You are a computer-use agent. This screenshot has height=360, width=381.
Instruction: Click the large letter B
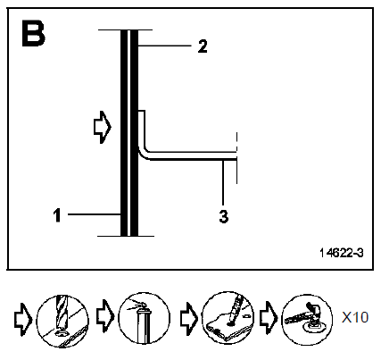33,33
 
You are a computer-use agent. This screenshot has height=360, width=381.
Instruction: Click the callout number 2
203,46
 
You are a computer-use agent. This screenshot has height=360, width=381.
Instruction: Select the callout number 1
57,215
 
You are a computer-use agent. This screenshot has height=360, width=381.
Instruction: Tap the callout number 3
224,216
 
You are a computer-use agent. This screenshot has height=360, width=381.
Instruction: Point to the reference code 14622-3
342,253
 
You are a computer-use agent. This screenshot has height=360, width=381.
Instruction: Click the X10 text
355,317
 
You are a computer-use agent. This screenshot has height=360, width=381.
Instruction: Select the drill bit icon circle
62,321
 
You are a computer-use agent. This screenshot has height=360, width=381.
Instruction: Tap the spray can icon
145,319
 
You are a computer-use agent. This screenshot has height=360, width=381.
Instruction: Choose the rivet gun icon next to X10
307,320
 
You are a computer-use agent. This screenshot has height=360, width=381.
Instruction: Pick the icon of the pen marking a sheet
228,317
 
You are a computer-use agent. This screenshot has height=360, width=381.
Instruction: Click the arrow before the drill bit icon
23,319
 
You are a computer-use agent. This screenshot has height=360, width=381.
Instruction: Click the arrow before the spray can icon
105,316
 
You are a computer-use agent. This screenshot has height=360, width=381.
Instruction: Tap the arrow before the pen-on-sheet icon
189,319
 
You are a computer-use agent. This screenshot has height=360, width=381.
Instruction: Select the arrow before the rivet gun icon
269,318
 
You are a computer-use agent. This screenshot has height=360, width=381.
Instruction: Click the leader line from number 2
164,46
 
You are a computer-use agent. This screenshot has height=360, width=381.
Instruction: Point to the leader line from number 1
95,214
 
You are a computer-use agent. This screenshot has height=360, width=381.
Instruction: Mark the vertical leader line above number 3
223,182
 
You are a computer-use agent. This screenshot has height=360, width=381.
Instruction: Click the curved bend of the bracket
143,154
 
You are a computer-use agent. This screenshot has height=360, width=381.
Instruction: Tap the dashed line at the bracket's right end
236,157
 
